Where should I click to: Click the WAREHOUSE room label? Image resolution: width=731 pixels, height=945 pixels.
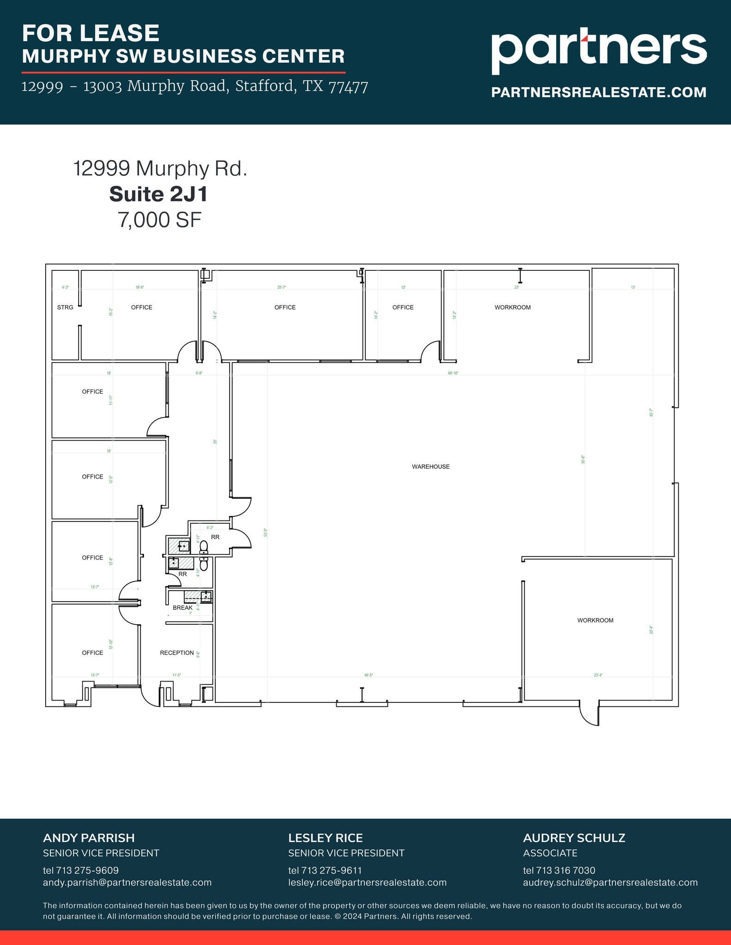(430, 467)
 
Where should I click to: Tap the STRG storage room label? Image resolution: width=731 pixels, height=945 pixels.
(65, 307)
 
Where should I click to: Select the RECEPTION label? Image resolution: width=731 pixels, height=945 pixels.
(177, 652)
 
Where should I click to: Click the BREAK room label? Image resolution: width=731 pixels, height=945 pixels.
(182, 608)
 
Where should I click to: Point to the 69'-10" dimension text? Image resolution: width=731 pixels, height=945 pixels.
(453, 373)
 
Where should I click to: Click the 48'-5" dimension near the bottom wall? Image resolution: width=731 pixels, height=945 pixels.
(368, 675)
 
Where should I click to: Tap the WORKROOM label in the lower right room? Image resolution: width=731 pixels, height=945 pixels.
(595, 620)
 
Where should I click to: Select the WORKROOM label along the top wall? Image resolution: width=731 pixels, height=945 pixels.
(512, 307)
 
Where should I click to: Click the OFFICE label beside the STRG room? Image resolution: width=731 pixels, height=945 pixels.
(141, 307)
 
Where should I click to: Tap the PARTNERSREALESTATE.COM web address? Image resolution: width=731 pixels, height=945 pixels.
(598, 92)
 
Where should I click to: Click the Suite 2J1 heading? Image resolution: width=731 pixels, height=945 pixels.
(158, 194)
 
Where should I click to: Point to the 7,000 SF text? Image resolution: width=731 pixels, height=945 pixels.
(159, 220)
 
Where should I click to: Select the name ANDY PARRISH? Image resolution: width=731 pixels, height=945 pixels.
(89, 838)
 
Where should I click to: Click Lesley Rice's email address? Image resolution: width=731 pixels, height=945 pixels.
(367, 882)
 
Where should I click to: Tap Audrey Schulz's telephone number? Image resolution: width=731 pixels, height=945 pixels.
(559, 870)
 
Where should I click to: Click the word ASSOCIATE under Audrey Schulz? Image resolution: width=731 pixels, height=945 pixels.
(550, 853)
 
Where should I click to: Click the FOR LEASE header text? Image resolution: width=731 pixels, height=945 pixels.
(91, 33)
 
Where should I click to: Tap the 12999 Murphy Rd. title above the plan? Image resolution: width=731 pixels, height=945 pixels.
(160, 168)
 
